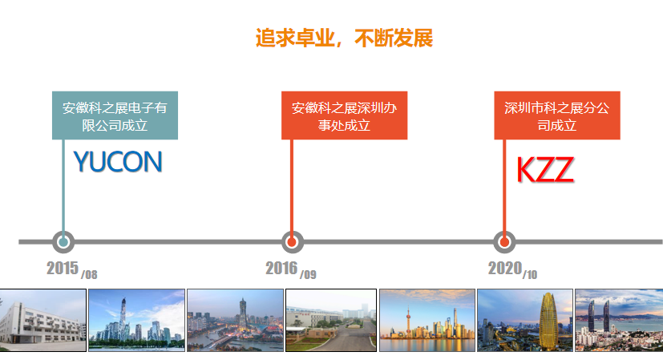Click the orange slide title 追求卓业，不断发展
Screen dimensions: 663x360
[344, 38]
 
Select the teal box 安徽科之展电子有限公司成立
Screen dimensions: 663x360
[115, 115]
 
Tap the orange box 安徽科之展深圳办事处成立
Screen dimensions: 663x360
[344, 115]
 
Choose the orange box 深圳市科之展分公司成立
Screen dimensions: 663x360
[557, 115]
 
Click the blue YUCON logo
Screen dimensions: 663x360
[118, 162]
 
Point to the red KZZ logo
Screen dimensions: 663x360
[545, 170]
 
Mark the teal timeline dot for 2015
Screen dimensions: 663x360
[63, 242]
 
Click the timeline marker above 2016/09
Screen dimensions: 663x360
[293, 242]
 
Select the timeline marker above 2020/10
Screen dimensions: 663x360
[504, 242]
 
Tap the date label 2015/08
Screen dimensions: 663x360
[72, 269]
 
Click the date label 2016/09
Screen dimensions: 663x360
[291, 269]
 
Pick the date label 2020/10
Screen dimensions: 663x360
[512, 269]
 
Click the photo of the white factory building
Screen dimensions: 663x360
[42, 320]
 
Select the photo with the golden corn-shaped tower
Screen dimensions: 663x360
[525, 320]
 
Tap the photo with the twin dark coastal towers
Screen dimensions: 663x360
[619, 320]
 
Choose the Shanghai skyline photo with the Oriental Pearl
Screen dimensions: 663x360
[427, 320]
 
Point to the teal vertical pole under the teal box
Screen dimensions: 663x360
[63, 185]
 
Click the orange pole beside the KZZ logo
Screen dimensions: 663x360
[504, 185]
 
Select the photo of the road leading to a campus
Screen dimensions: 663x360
[331, 320]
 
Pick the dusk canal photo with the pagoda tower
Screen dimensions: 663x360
[235, 320]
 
